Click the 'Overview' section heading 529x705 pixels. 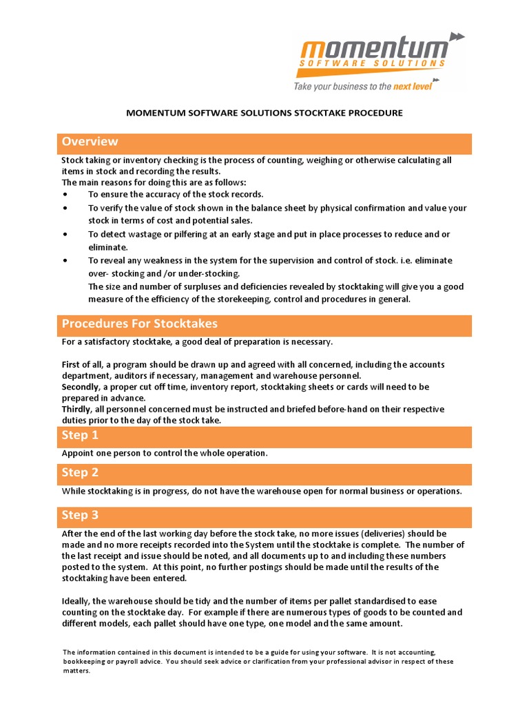pyautogui.click(x=90, y=142)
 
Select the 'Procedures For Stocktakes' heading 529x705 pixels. pyautogui.click(x=139, y=324)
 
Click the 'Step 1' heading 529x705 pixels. pyautogui.click(x=80, y=435)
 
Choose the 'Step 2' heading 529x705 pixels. pyautogui.click(x=80, y=472)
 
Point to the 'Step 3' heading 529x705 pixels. pyautogui.click(x=80, y=516)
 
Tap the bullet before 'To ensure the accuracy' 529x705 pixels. pyautogui.click(x=65, y=195)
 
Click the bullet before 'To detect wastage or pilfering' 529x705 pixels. pyautogui.click(x=65, y=235)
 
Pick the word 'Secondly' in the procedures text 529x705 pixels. pyautogui.click(x=81, y=387)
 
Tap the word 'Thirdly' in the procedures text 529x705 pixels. pyautogui.click(x=77, y=409)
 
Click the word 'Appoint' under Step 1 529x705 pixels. pyautogui.click(x=78, y=453)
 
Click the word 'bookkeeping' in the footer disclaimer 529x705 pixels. pyautogui.click(x=88, y=662)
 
